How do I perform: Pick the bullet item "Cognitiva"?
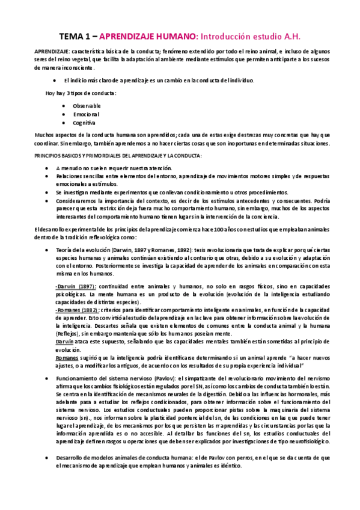(85, 122)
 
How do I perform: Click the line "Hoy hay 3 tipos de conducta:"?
(81, 93)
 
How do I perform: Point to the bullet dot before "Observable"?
(63, 105)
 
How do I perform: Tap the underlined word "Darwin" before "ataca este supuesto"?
(64, 342)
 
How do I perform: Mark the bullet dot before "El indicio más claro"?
(55, 80)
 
